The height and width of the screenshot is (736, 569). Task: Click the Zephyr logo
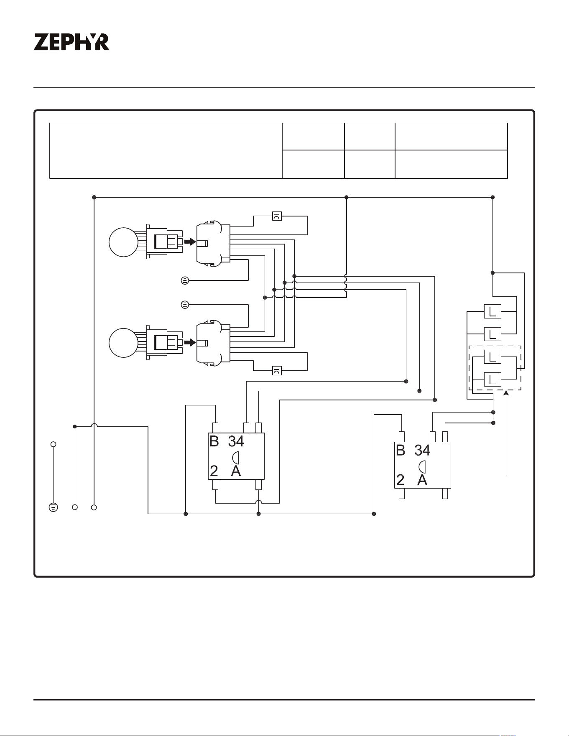click(x=71, y=42)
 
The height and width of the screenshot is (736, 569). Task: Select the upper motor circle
click(x=123, y=242)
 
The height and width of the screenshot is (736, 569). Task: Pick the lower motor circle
click(x=123, y=343)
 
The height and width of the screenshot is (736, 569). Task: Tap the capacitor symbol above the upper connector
click(x=277, y=216)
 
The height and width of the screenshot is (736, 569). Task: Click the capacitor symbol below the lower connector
click(x=277, y=370)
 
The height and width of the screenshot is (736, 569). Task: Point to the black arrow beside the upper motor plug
click(x=190, y=242)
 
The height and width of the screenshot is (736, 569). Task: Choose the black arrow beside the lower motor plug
click(x=190, y=343)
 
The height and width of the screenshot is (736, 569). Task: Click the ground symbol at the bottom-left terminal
click(x=53, y=507)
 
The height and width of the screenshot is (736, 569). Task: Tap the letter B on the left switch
click(x=214, y=441)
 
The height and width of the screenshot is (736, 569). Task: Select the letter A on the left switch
click(x=236, y=471)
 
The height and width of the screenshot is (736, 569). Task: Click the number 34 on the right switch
click(x=422, y=450)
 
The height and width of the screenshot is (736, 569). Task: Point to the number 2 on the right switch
click(x=401, y=480)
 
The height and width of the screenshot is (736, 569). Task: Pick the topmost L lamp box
click(x=492, y=311)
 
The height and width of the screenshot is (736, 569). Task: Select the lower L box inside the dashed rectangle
click(x=492, y=379)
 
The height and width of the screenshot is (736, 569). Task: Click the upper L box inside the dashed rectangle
click(x=492, y=357)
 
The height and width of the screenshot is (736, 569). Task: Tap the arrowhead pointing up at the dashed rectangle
click(x=506, y=392)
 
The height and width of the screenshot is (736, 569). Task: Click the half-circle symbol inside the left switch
click(x=235, y=457)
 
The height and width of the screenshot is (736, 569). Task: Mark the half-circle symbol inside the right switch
click(x=422, y=466)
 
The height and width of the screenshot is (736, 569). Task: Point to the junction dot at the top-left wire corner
click(x=94, y=197)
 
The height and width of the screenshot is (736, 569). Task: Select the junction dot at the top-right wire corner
click(x=492, y=197)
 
